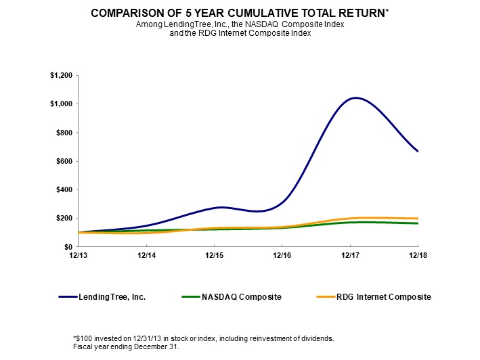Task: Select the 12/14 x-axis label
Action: tap(147, 256)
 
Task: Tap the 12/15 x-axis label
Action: tap(214, 256)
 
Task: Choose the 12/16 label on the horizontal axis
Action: tap(282, 256)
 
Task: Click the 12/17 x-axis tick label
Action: tap(350, 256)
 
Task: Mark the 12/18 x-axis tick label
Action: tap(418, 256)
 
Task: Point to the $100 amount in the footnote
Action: tap(83, 338)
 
